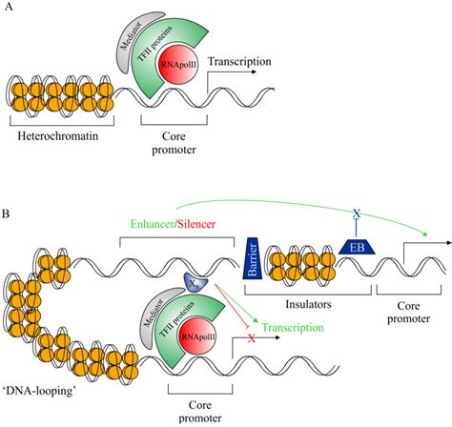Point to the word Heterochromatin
click(56, 140)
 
